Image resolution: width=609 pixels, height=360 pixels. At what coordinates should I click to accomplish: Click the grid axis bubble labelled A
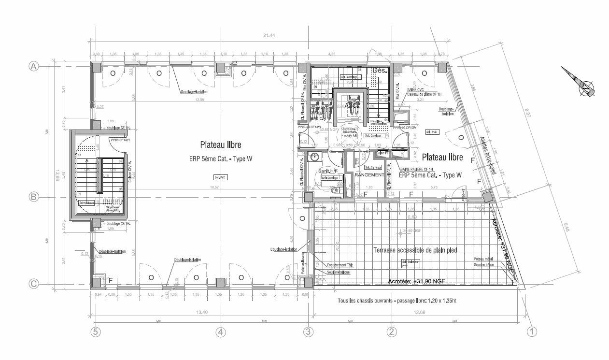tap(34, 67)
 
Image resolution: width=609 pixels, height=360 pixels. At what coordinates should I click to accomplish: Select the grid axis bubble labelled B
tap(34, 197)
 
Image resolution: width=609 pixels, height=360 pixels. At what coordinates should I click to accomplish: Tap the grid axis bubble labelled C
tap(34, 284)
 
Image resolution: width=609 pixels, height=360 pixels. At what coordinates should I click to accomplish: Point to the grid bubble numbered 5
tap(96, 332)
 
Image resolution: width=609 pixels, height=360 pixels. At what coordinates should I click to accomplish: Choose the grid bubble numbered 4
tap(220, 332)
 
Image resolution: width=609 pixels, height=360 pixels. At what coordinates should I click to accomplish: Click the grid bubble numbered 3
tap(308, 332)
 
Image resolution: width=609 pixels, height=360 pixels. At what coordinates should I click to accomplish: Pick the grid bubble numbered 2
tap(392, 332)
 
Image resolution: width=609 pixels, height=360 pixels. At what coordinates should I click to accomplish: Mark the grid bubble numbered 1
tap(532, 332)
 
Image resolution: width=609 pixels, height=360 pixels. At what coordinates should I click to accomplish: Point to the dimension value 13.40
tap(201, 313)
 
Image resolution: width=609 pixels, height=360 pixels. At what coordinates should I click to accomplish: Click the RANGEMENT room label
tap(368, 175)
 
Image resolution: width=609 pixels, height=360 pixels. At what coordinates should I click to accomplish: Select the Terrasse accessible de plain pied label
tap(415, 250)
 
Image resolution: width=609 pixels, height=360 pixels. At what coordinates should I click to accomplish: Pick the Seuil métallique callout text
tap(338, 272)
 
